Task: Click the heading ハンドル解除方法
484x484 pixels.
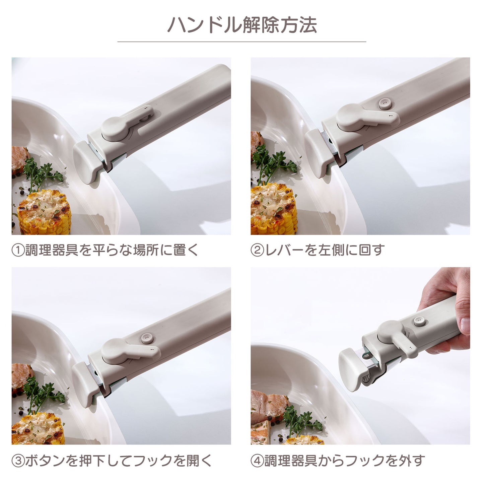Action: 242,25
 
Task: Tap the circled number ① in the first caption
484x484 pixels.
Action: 18,251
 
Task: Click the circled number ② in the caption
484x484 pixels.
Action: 257,251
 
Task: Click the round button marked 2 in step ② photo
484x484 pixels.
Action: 385,104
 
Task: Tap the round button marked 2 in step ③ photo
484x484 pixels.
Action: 147,338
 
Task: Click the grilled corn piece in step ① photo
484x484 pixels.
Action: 44,212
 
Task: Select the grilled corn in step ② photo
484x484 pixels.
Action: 274,209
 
